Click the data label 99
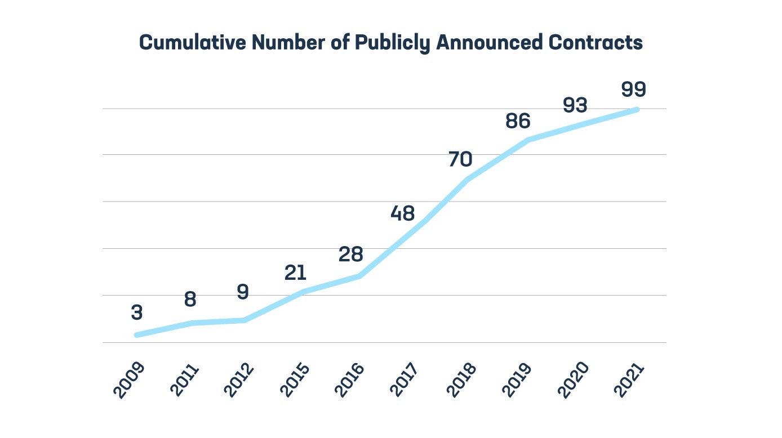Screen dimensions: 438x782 633,90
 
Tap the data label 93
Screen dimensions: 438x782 575,106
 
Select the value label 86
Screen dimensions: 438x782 518,121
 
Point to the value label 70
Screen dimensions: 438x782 460,160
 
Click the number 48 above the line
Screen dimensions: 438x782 402,213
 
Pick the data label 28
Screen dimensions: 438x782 350,254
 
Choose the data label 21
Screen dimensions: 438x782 295,273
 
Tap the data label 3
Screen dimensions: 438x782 137,312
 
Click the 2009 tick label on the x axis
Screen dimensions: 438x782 129,380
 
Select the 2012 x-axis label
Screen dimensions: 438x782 238,380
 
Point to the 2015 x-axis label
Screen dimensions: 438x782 295,380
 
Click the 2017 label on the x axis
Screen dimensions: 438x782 404,380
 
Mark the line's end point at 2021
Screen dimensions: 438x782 637,110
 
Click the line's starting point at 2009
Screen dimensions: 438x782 137,335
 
